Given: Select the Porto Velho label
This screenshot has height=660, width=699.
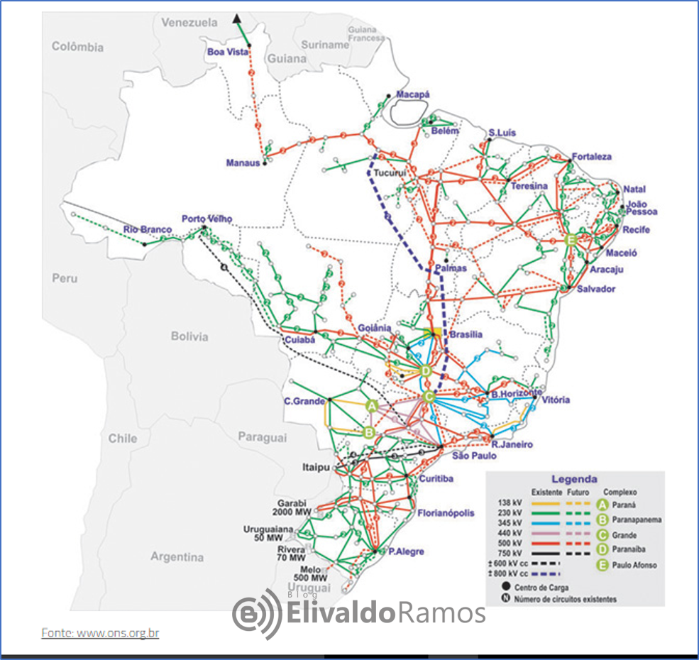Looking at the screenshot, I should [x=207, y=219].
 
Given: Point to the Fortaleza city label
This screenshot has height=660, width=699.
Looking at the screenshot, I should [x=591, y=157].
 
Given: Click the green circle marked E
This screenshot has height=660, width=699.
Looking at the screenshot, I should [x=569, y=240].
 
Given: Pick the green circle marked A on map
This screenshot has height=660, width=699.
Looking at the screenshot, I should [x=370, y=405].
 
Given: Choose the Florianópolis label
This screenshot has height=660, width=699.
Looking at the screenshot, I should [x=446, y=512].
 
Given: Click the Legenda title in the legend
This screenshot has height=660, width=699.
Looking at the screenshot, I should [x=574, y=479].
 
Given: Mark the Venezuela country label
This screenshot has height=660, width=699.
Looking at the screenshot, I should [x=189, y=23].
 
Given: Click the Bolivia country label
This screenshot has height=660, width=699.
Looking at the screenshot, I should [x=189, y=336].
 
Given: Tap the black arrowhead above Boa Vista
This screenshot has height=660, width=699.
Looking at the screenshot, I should [x=237, y=18].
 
